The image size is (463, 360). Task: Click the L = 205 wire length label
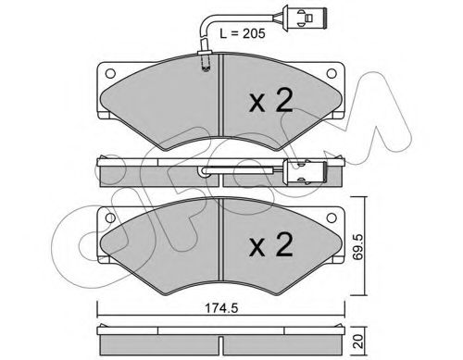243,33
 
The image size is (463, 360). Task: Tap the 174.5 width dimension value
221,308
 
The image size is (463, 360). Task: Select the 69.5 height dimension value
357,246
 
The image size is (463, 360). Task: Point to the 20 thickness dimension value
357,341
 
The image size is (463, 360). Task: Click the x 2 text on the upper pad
270,100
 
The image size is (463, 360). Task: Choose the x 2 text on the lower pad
270,244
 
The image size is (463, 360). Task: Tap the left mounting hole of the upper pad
110,74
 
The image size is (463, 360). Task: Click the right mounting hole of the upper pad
332,74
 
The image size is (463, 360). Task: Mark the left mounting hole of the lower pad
110,218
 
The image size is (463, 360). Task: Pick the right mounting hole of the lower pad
332,218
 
